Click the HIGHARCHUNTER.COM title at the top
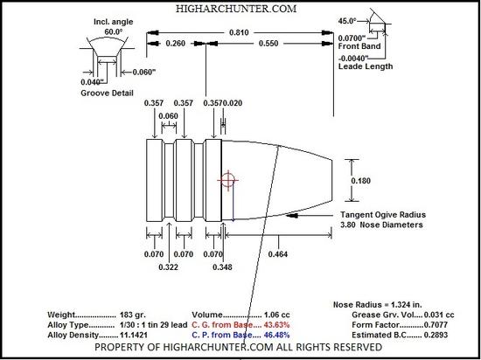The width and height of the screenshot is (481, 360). tap(236, 9)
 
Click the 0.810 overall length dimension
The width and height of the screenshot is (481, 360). tap(239, 32)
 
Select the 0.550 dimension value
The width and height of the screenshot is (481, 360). tap(268, 44)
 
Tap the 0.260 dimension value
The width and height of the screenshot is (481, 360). tap(176, 44)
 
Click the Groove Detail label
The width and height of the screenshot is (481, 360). tap(107, 93)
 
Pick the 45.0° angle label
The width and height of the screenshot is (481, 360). tap(347, 21)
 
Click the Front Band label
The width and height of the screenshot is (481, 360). tap(359, 46)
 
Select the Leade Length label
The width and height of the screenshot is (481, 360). tap(366, 66)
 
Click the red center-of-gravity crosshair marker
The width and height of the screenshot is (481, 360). tap(228, 180)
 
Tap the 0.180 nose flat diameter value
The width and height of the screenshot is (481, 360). tap(360, 181)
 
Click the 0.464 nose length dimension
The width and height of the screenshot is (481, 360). tap(278, 254)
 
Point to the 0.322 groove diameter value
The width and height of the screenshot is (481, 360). tap(169, 267)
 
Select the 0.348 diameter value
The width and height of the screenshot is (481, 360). tap(222, 267)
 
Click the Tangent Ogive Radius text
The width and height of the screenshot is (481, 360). tap(383, 215)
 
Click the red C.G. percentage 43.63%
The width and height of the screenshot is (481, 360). tap(276, 325)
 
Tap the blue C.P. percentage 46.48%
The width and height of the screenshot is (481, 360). tap(276, 335)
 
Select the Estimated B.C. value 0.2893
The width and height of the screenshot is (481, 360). tap(436, 335)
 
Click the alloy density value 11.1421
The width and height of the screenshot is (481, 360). tap(133, 335)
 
